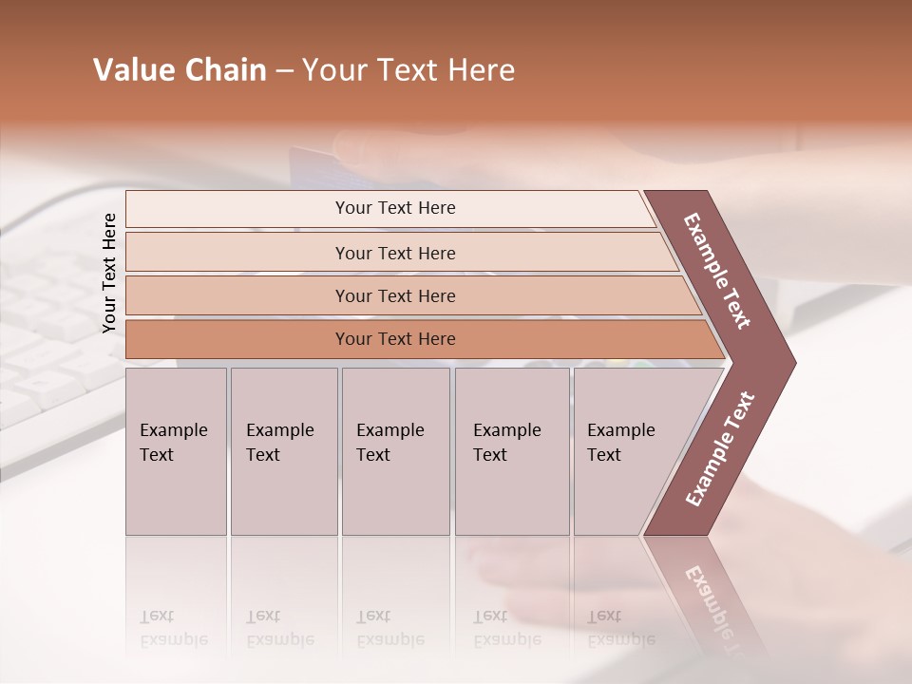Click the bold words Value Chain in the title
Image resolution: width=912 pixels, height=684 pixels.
click(180, 70)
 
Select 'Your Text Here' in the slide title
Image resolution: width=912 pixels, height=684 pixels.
click(408, 70)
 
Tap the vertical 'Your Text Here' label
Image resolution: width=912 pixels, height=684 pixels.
click(109, 273)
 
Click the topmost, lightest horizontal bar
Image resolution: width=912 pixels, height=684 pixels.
click(395, 208)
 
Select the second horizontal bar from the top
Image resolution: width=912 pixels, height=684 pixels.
click(395, 253)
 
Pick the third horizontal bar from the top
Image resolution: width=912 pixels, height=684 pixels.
click(395, 295)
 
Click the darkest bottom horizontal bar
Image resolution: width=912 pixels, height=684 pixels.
click(395, 339)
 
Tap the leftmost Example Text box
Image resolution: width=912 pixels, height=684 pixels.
click(176, 451)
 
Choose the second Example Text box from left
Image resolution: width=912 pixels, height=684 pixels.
click(283, 451)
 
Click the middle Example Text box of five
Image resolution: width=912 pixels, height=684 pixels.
click(395, 451)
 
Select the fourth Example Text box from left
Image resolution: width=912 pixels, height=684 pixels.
click(511, 451)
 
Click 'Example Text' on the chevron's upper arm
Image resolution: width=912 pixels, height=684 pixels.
click(717, 271)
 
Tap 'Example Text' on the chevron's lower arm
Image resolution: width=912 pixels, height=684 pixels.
click(720, 449)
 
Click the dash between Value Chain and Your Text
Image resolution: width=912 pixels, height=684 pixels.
click(284, 71)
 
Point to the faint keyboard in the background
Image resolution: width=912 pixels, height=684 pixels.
click(47, 332)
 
